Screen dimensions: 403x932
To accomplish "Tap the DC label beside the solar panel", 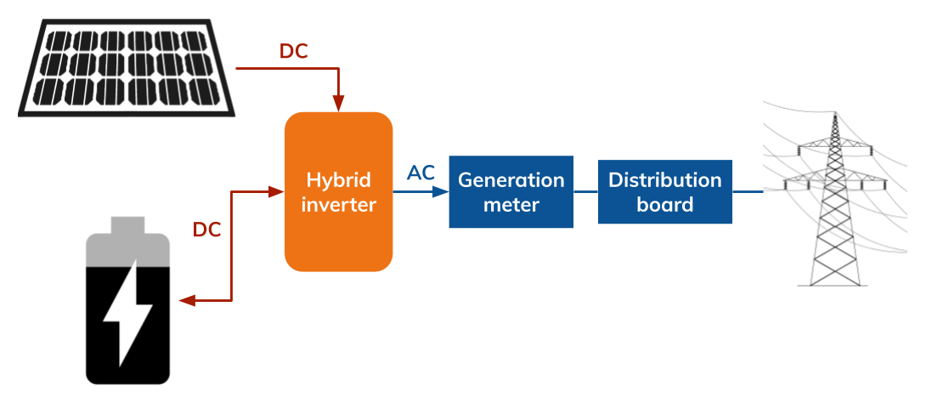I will pos(293,52).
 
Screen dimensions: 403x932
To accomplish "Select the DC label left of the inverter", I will pos(206,230).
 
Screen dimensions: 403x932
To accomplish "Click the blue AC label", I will pos(421,173).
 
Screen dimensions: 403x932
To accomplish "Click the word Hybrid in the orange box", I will pos(338,180).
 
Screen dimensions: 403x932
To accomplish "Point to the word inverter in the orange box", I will pos(338,205).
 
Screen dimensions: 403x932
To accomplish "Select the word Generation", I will pos(511,180).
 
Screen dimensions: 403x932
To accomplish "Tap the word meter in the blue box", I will pos(511,205).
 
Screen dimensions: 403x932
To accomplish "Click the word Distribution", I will pos(664,180).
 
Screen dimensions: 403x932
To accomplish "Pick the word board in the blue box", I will pos(664,205).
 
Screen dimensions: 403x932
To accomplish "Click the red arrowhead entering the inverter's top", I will pos(339,103).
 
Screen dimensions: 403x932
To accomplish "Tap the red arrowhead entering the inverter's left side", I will pos(275,192).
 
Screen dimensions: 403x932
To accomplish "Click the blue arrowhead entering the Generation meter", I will pos(439,192).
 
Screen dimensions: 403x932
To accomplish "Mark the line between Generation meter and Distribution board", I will pos(585,192).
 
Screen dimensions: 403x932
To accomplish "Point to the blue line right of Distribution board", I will pos(748,192).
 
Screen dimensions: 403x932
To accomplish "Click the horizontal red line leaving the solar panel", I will pos(285,68).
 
